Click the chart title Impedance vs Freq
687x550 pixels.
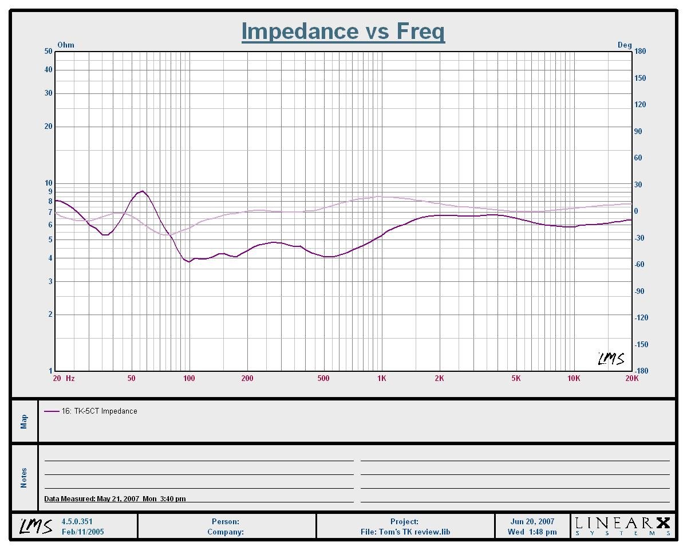pyautogui.click(x=343, y=31)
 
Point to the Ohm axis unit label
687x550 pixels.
pyautogui.click(x=66, y=45)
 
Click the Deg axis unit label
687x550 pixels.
pyautogui.click(x=624, y=45)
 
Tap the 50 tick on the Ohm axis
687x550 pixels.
pyautogui.click(x=48, y=52)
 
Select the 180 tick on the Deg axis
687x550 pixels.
pyautogui.click(x=640, y=52)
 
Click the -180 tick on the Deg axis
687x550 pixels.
pyautogui.click(x=641, y=371)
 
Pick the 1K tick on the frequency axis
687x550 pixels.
pyautogui.click(x=381, y=379)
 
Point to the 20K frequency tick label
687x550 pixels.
pyautogui.click(x=631, y=379)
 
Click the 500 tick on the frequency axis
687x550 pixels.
pyautogui.click(x=323, y=379)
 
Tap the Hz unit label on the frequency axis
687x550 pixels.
pyautogui.click(x=70, y=379)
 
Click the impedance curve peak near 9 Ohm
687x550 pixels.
pyautogui.click(x=142, y=191)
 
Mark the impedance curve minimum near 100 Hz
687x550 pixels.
pyautogui.click(x=189, y=262)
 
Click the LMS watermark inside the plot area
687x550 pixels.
pyautogui.click(x=611, y=359)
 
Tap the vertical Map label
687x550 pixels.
pyautogui.click(x=24, y=421)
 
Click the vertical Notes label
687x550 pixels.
pyautogui.click(x=24, y=478)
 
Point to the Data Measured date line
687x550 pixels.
pyautogui.click(x=114, y=498)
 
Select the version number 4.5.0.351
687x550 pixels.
pyautogui.click(x=77, y=521)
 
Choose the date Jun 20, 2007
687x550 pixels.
pyautogui.click(x=532, y=521)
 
